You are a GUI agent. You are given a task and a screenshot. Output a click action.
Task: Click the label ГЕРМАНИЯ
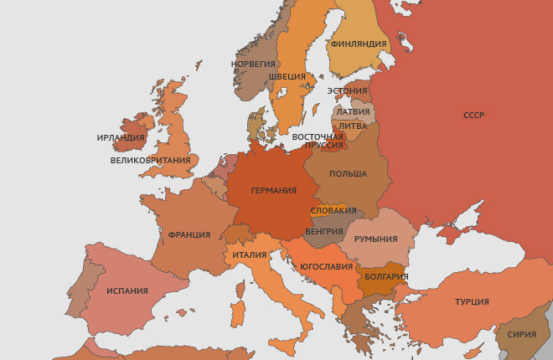[273, 191]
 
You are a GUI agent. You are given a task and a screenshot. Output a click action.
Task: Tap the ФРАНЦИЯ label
[189, 235]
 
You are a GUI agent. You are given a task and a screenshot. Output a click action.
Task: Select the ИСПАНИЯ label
[127, 291]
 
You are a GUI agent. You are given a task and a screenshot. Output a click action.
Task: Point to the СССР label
[474, 116]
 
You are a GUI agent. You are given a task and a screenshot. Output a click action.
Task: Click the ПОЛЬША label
[348, 174]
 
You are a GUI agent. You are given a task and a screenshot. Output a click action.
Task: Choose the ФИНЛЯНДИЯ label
[359, 44]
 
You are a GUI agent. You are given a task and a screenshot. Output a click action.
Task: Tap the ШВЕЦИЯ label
[287, 76]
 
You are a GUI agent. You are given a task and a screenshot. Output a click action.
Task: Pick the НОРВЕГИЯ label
[253, 64]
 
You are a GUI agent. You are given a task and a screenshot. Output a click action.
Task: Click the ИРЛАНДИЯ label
[121, 138]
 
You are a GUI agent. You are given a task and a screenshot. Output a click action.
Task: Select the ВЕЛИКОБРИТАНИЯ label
[150, 160]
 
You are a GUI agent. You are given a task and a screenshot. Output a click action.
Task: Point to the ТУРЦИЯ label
[472, 301]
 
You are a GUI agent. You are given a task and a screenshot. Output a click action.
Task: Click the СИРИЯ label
[522, 334]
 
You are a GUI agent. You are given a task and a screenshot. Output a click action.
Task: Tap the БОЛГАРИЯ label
[386, 276]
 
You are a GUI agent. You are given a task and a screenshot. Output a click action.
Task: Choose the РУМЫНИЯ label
[375, 239]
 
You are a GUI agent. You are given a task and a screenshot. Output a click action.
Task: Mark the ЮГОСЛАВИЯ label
[325, 266]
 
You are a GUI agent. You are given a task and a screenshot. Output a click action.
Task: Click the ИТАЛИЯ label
[250, 255]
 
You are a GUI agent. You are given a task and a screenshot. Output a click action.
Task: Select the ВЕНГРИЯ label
[324, 231]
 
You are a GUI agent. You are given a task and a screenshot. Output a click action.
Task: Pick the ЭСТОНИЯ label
[347, 91]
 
